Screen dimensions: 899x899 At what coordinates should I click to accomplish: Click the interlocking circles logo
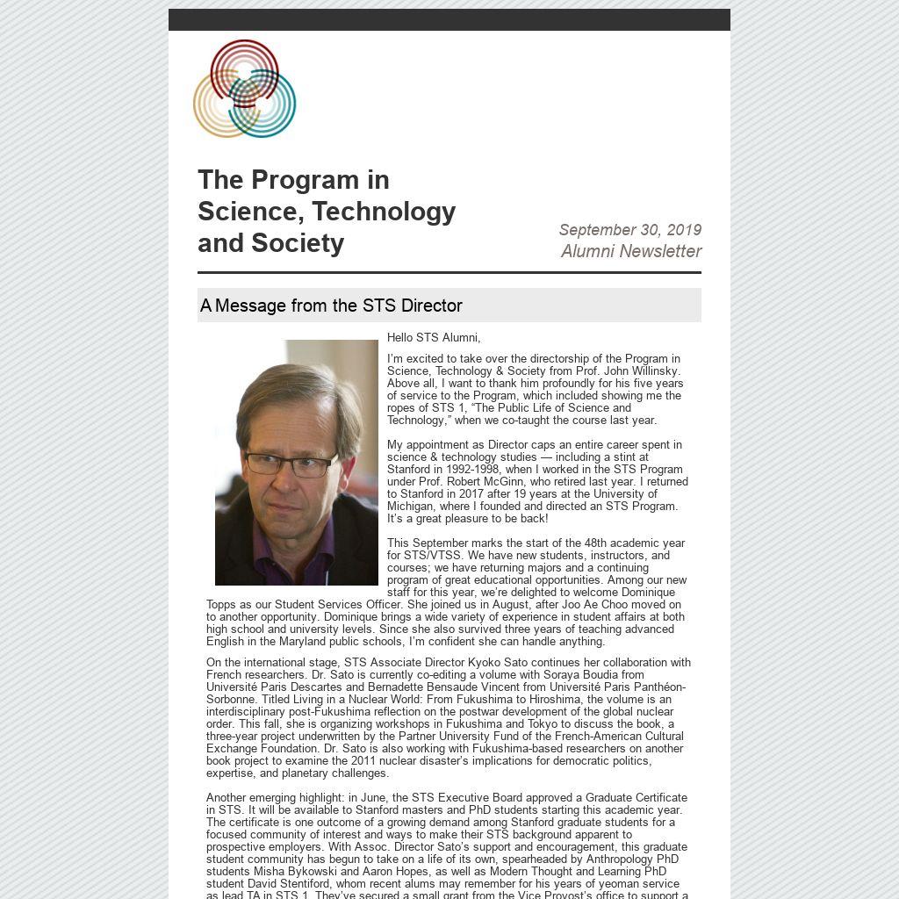coord(244,89)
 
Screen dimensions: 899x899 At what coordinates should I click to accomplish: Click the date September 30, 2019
coord(629,230)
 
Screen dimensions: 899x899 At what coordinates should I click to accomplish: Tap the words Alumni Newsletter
coord(631,251)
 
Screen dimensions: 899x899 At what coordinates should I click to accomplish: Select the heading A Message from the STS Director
coord(331,306)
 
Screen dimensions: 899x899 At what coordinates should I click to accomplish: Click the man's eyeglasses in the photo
coord(291,464)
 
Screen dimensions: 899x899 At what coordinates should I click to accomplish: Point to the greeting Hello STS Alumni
coord(434,338)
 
